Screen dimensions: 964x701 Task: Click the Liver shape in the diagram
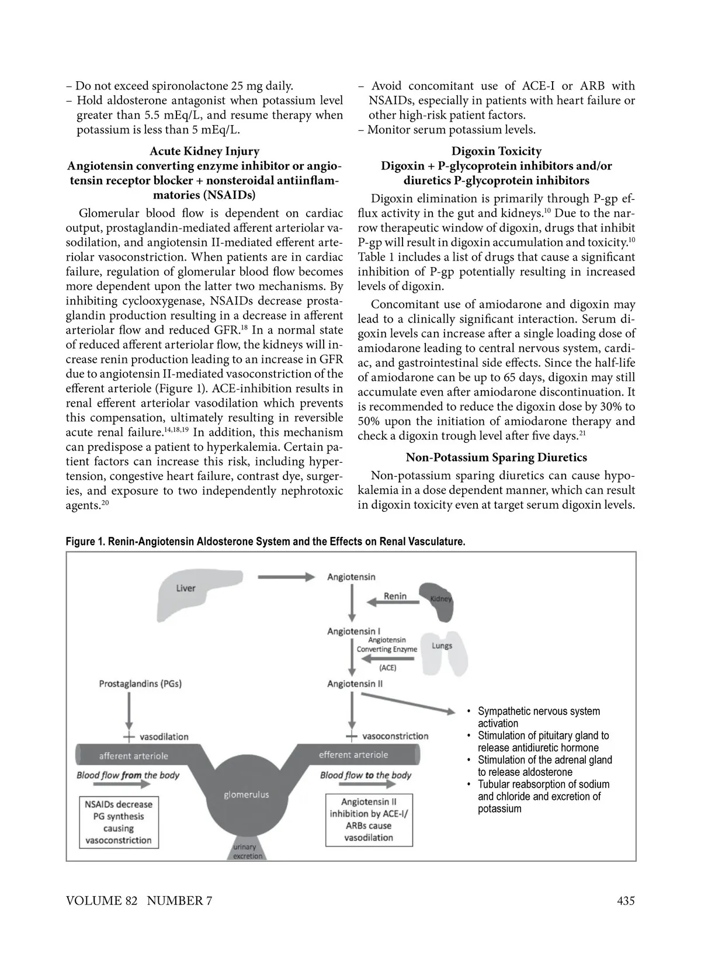pyautogui.click(x=187, y=591)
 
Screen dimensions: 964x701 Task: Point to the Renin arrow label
pyautogui.click(x=395, y=596)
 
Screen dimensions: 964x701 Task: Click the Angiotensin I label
pyautogui.click(x=353, y=632)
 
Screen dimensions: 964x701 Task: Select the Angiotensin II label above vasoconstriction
pyautogui.click(x=355, y=684)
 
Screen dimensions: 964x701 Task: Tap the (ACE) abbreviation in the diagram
pyautogui.click(x=387, y=667)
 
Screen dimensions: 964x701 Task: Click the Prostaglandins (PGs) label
pyautogui.click(x=144, y=684)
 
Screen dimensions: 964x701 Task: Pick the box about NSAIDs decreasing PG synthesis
pyautogui.click(x=119, y=822)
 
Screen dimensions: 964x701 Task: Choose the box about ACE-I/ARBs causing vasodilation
pyautogui.click(x=369, y=820)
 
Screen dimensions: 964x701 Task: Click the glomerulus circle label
pyautogui.click(x=247, y=795)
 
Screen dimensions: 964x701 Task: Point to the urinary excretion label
pyautogui.click(x=245, y=851)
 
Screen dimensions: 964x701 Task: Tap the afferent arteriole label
pyautogui.click(x=134, y=755)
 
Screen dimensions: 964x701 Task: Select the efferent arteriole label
pyautogui.click(x=353, y=755)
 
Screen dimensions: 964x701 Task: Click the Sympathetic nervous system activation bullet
pyautogui.click(x=538, y=717)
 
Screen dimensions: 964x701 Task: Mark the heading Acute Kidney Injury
pyautogui.click(x=204, y=151)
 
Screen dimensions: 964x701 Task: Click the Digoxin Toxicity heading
pyautogui.click(x=497, y=151)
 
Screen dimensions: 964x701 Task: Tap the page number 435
pyautogui.click(x=626, y=900)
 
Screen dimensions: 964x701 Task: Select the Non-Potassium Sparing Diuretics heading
pyautogui.click(x=497, y=457)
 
